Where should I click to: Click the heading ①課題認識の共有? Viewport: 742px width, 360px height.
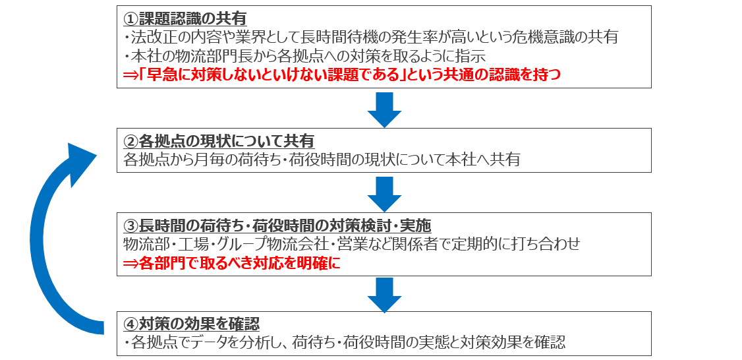tap(185, 18)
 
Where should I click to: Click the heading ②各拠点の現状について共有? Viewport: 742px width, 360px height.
tap(219, 140)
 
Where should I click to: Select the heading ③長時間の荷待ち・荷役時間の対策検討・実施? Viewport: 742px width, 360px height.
tap(277, 225)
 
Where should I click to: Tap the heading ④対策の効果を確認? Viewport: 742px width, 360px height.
tap(192, 324)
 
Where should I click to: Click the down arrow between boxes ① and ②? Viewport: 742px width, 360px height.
tap(384, 110)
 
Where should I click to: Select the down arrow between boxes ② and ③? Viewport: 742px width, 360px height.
tap(384, 195)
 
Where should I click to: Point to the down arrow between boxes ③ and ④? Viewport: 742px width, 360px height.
tap(384, 295)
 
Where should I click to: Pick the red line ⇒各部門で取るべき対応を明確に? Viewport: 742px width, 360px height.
tap(231, 263)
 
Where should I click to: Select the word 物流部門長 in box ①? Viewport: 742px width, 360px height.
tap(231, 56)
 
